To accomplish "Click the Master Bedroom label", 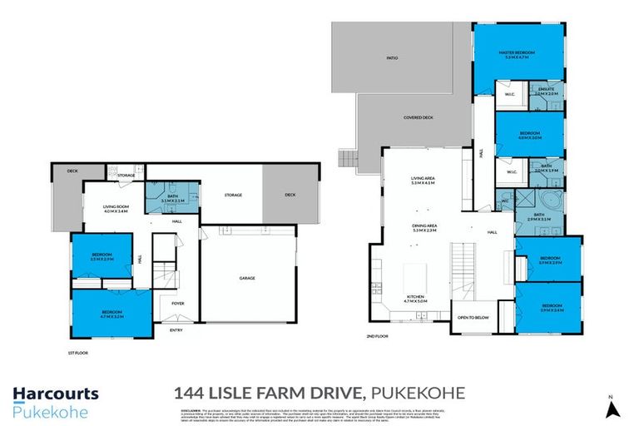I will (516, 52).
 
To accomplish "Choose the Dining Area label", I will (424, 225).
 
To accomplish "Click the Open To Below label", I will (472, 318).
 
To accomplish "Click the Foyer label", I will (178, 304).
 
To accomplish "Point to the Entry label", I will (176, 330).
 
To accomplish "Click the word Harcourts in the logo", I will (55, 394).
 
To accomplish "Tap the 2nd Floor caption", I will (378, 335).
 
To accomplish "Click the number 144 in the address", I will (188, 393).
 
